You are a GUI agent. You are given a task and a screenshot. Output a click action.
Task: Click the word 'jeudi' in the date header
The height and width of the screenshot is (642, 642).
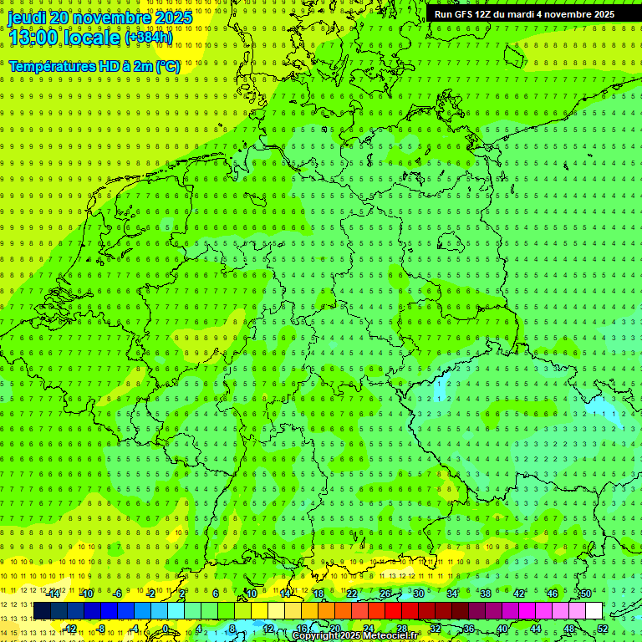click(x=27, y=18)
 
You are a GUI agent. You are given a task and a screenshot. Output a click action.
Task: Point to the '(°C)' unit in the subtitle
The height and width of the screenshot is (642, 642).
click(x=167, y=66)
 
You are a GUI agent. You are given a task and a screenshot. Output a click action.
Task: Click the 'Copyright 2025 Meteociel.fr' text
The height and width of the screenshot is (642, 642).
click(x=354, y=636)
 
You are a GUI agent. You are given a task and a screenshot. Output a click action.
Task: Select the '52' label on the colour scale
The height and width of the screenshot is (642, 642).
click(x=603, y=629)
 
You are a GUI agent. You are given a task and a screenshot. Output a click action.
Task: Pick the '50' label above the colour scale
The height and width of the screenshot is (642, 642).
click(x=586, y=594)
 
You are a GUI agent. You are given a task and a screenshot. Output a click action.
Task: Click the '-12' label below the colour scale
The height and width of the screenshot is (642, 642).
click(x=69, y=629)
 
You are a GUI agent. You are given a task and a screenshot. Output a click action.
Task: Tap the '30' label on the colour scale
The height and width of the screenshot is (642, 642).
click(x=418, y=594)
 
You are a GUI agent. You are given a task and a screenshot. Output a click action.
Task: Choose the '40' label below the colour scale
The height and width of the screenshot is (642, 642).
click(x=502, y=629)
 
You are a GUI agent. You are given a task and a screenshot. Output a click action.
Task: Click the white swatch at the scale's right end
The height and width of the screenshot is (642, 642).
click(x=594, y=611)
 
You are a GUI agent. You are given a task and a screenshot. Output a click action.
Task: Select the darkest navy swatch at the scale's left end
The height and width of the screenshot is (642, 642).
click(x=42, y=611)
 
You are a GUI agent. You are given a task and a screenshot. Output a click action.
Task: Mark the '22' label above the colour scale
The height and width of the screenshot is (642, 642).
click(x=351, y=594)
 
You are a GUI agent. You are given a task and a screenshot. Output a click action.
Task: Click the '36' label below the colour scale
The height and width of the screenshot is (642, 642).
click(x=468, y=629)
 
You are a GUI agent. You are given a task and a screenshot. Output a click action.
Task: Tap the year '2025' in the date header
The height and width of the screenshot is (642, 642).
click(x=171, y=18)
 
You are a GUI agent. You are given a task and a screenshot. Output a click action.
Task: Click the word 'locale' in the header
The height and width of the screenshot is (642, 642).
click(x=91, y=38)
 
